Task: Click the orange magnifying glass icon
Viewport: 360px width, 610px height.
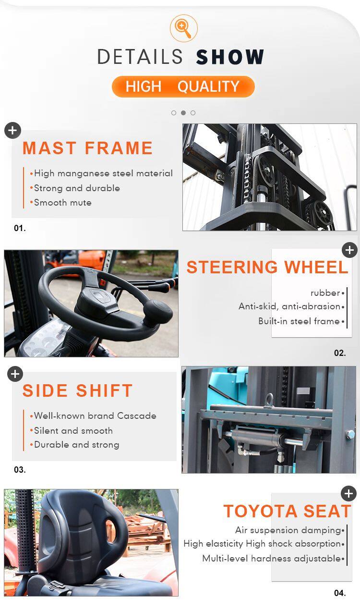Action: pos(184,28)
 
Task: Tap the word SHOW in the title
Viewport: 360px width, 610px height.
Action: pos(230,57)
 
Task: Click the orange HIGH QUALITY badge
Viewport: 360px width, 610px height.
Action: pos(183,86)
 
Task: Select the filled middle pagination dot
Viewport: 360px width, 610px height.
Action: pos(183,113)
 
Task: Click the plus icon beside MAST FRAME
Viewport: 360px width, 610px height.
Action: pos(12,131)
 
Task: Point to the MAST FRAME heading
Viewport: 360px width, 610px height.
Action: pos(87,148)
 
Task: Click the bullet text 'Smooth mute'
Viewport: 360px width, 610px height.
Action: pos(62,203)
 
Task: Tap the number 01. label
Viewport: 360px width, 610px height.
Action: pos(20,228)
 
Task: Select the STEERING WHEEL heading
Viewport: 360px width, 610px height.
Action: pos(267,267)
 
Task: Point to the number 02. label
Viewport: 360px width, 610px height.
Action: pos(340,353)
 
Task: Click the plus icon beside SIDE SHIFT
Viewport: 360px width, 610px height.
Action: pos(15,374)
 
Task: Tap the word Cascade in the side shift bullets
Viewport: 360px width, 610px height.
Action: pos(137,416)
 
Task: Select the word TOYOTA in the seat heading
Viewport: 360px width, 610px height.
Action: pos(260,511)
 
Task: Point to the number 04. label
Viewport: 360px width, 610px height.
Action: pos(340,593)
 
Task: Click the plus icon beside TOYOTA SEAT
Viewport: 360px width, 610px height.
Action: pos(348,493)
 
